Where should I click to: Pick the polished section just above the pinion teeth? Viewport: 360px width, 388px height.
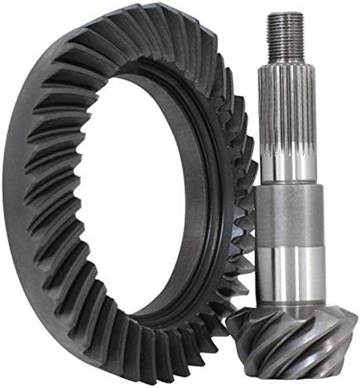290,275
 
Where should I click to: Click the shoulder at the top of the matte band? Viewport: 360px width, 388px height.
289,185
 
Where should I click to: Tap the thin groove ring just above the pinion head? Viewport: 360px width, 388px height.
291,303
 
